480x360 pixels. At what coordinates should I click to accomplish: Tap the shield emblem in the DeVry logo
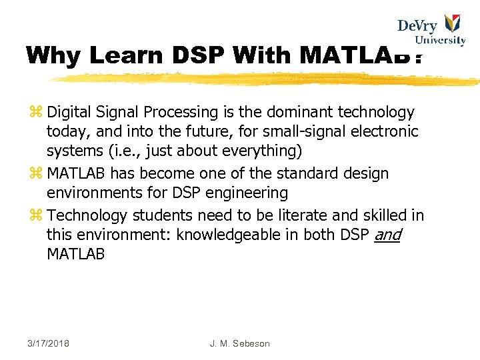tap(453, 25)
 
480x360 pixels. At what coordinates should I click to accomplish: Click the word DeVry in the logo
tap(417, 26)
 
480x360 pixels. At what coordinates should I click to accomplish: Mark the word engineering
tap(249, 194)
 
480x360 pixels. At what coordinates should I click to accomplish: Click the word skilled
tap(386, 215)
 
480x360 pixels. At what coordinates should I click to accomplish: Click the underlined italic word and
tap(387, 235)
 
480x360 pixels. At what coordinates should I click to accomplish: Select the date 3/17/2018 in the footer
tap(49, 343)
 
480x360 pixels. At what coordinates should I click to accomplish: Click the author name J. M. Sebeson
tap(239, 343)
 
